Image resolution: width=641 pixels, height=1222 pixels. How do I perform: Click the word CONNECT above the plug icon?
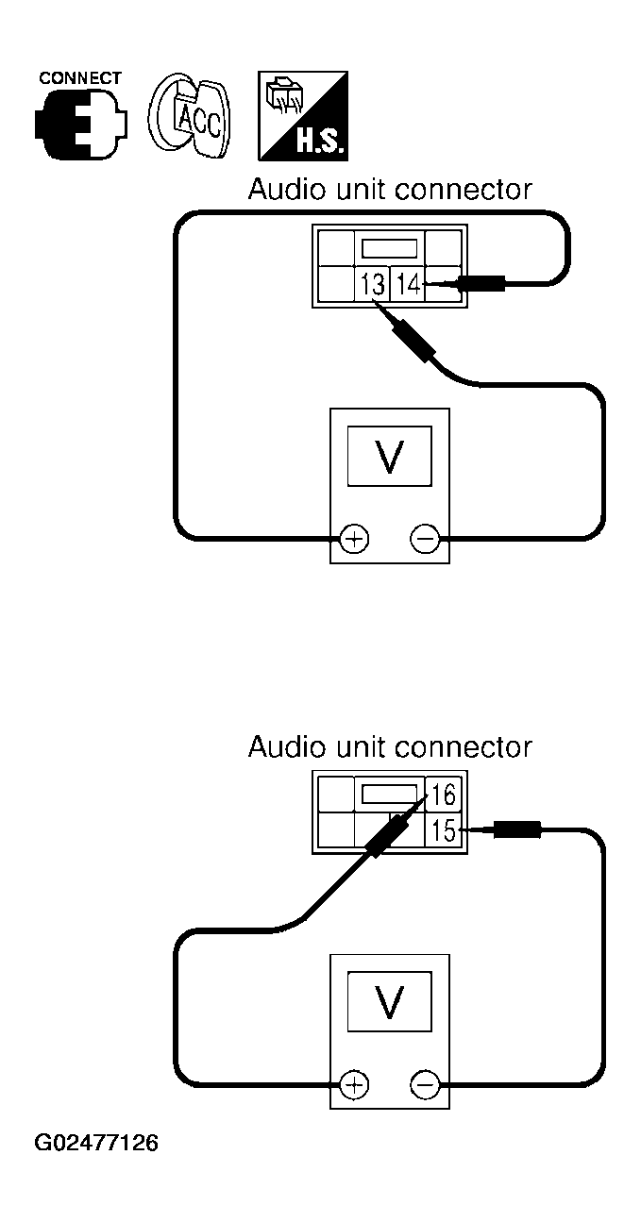pos(79,78)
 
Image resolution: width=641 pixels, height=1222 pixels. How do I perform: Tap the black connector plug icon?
pos(81,125)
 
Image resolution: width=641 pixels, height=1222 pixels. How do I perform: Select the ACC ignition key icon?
pos(190,116)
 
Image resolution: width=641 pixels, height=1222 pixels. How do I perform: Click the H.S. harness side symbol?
pos(303,116)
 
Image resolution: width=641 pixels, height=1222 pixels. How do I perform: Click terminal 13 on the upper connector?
pos(372,284)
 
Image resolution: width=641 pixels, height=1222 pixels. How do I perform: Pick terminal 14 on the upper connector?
pos(407,284)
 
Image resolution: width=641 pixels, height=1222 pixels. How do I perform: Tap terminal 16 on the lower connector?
pos(444,795)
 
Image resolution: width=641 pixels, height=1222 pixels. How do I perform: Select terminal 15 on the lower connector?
pos(444,830)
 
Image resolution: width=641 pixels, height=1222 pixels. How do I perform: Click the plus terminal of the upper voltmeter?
pos(354,539)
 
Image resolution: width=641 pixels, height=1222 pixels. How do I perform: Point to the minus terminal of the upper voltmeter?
pos(425,539)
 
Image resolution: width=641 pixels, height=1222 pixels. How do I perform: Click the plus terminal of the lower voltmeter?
pos(354,1084)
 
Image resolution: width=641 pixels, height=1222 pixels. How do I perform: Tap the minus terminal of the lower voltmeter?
pos(425,1084)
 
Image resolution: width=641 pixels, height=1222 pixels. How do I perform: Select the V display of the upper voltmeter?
pos(389,456)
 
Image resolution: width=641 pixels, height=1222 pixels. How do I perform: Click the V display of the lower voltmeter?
pos(389,1001)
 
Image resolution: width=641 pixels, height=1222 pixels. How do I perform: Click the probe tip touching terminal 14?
pos(425,283)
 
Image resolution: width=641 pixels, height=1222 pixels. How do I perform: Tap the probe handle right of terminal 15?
pos(516,829)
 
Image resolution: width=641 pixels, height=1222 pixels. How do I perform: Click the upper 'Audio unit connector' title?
pos(390,190)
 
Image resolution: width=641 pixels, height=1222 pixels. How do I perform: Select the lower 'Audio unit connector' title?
pos(390,746)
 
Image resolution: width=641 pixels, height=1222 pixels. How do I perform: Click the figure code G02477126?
pos(96,1143)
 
